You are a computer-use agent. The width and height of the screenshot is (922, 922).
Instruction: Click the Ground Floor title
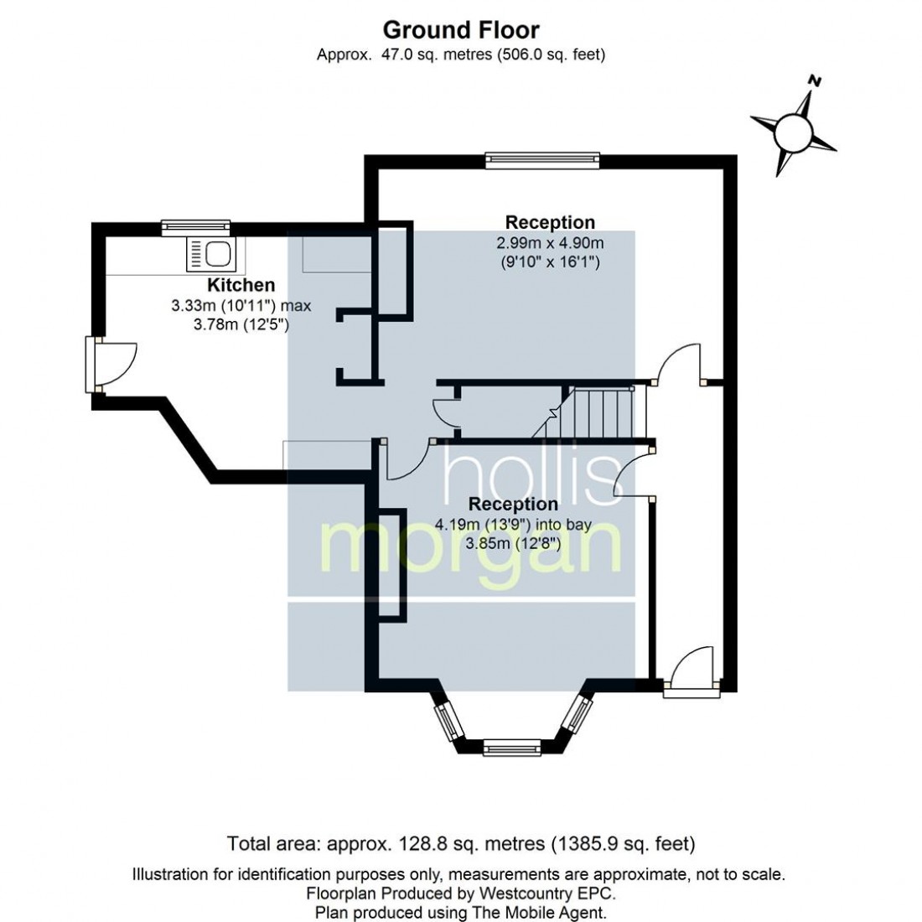coord(461,30)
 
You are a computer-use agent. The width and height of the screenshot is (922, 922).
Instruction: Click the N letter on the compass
coord(815,80)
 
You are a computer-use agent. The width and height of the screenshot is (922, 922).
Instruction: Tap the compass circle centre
coord(793,133)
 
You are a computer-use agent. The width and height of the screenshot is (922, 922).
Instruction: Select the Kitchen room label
coord(241,285)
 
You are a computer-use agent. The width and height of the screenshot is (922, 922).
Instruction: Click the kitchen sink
coord(210,254)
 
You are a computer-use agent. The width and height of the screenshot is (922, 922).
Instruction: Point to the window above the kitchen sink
coord(196,227)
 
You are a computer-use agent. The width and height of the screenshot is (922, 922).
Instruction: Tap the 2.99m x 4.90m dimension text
coord(550,243)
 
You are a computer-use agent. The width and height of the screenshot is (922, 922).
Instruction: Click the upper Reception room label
coord(550,222)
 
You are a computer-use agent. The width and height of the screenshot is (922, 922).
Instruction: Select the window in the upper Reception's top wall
coord(543,161)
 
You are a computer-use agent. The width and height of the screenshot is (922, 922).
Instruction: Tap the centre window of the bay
coord(511,748)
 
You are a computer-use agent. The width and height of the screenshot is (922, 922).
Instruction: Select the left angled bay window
coord(448,722)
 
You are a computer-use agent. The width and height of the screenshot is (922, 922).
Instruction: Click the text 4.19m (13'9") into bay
coord(513,525)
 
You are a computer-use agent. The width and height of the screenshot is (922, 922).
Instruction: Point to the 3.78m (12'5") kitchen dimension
coord(241,324)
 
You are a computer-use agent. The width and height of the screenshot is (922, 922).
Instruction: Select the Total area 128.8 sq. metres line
coord(461,844)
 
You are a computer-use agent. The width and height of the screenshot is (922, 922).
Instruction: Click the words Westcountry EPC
coord(547,894)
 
